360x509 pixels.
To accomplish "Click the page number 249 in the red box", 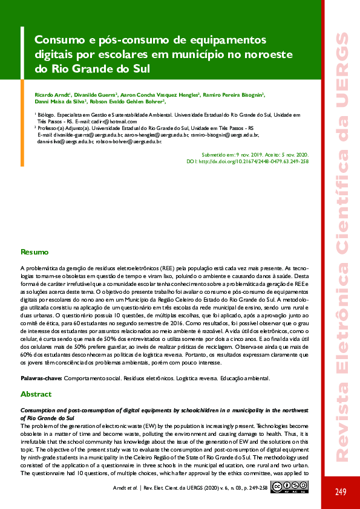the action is coord(341,491).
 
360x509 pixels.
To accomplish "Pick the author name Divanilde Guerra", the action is coord(96,95).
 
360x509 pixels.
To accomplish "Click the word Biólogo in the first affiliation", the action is coord(50,114).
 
